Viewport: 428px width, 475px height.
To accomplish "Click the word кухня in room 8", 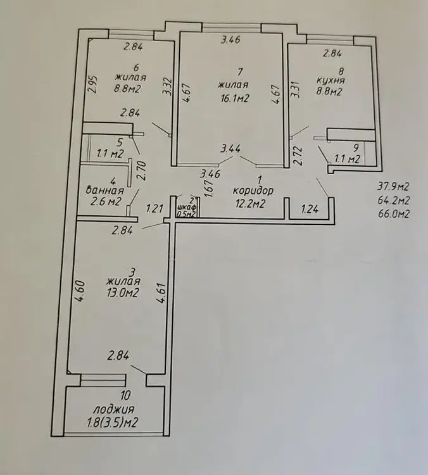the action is click(330, 81).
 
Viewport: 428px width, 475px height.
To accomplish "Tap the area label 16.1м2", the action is click(235, 99).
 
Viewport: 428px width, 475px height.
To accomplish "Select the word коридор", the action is click(253, 191).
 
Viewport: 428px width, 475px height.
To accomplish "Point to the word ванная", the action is click(105, 191).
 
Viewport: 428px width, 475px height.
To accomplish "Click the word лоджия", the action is click(113, 410).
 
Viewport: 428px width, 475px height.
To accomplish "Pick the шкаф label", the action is click(186, 207).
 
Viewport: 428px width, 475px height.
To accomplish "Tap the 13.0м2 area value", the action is click(122, 293).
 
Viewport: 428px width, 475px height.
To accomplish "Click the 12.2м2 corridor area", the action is click(251, 203).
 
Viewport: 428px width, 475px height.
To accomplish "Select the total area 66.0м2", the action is click(394, 214).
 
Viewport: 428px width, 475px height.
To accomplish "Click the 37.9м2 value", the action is click(393, 187).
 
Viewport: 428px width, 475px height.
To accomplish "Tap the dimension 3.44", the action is click(231, 149).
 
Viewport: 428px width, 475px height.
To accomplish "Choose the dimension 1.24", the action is click(310, 209).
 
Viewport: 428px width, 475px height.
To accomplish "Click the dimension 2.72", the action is click(299, 156).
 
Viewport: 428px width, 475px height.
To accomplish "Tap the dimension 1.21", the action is click(154, 209).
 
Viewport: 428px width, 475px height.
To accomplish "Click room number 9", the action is click(356, 148).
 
